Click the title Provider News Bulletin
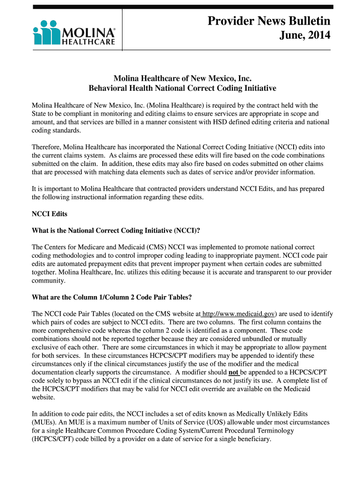(x=269, y=21)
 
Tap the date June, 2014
(x=305, y=36)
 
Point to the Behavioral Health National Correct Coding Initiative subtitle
(x=182, y=88)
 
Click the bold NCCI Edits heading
(x=49, y=214)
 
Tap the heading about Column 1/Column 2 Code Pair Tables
(x=111, y=298)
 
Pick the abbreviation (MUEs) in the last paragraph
(x=44, y=422)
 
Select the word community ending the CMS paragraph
(x=48, y=281)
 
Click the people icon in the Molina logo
(x=45, y=32)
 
